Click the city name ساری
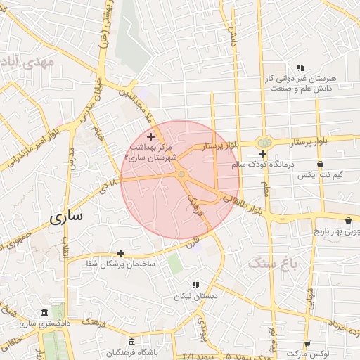[x=66, y=217]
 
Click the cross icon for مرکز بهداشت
[x=150, y=136]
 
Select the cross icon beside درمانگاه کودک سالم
[x=262, y=153]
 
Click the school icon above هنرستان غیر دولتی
[x=300, y=67]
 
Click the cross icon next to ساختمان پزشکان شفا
[x=120, y=253]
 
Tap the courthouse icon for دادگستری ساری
[x=45, y=312]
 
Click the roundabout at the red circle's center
[x=181, y=174]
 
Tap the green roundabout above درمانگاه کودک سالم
[x=264, y=143]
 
